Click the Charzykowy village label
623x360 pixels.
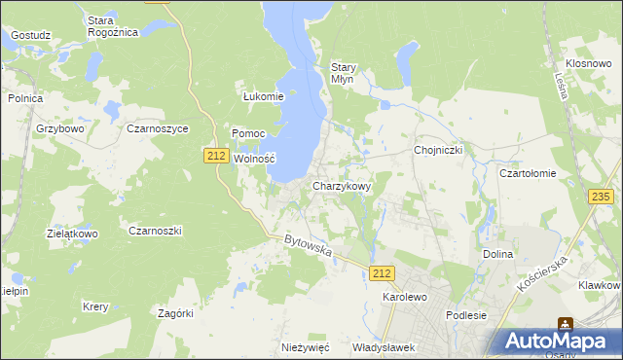[x=341, y=186]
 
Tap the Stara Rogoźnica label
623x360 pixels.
[x=113, y=26]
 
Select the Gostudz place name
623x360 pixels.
[x=31, y=35]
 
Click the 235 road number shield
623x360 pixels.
[x=601, y=197]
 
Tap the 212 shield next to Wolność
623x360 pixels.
[x=217, y=155]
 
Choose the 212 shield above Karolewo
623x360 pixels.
[x=383, y=275]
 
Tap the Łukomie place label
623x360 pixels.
[x=263, y=96]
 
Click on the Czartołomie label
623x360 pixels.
[x=527, y=173]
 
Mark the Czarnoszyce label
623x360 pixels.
[x=157, y=128]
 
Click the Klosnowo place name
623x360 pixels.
[x=587, y=62]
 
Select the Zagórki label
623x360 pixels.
[x=176, y=313]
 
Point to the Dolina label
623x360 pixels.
[x=497, y=254]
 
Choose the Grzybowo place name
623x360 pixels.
[x=61, y=128]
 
